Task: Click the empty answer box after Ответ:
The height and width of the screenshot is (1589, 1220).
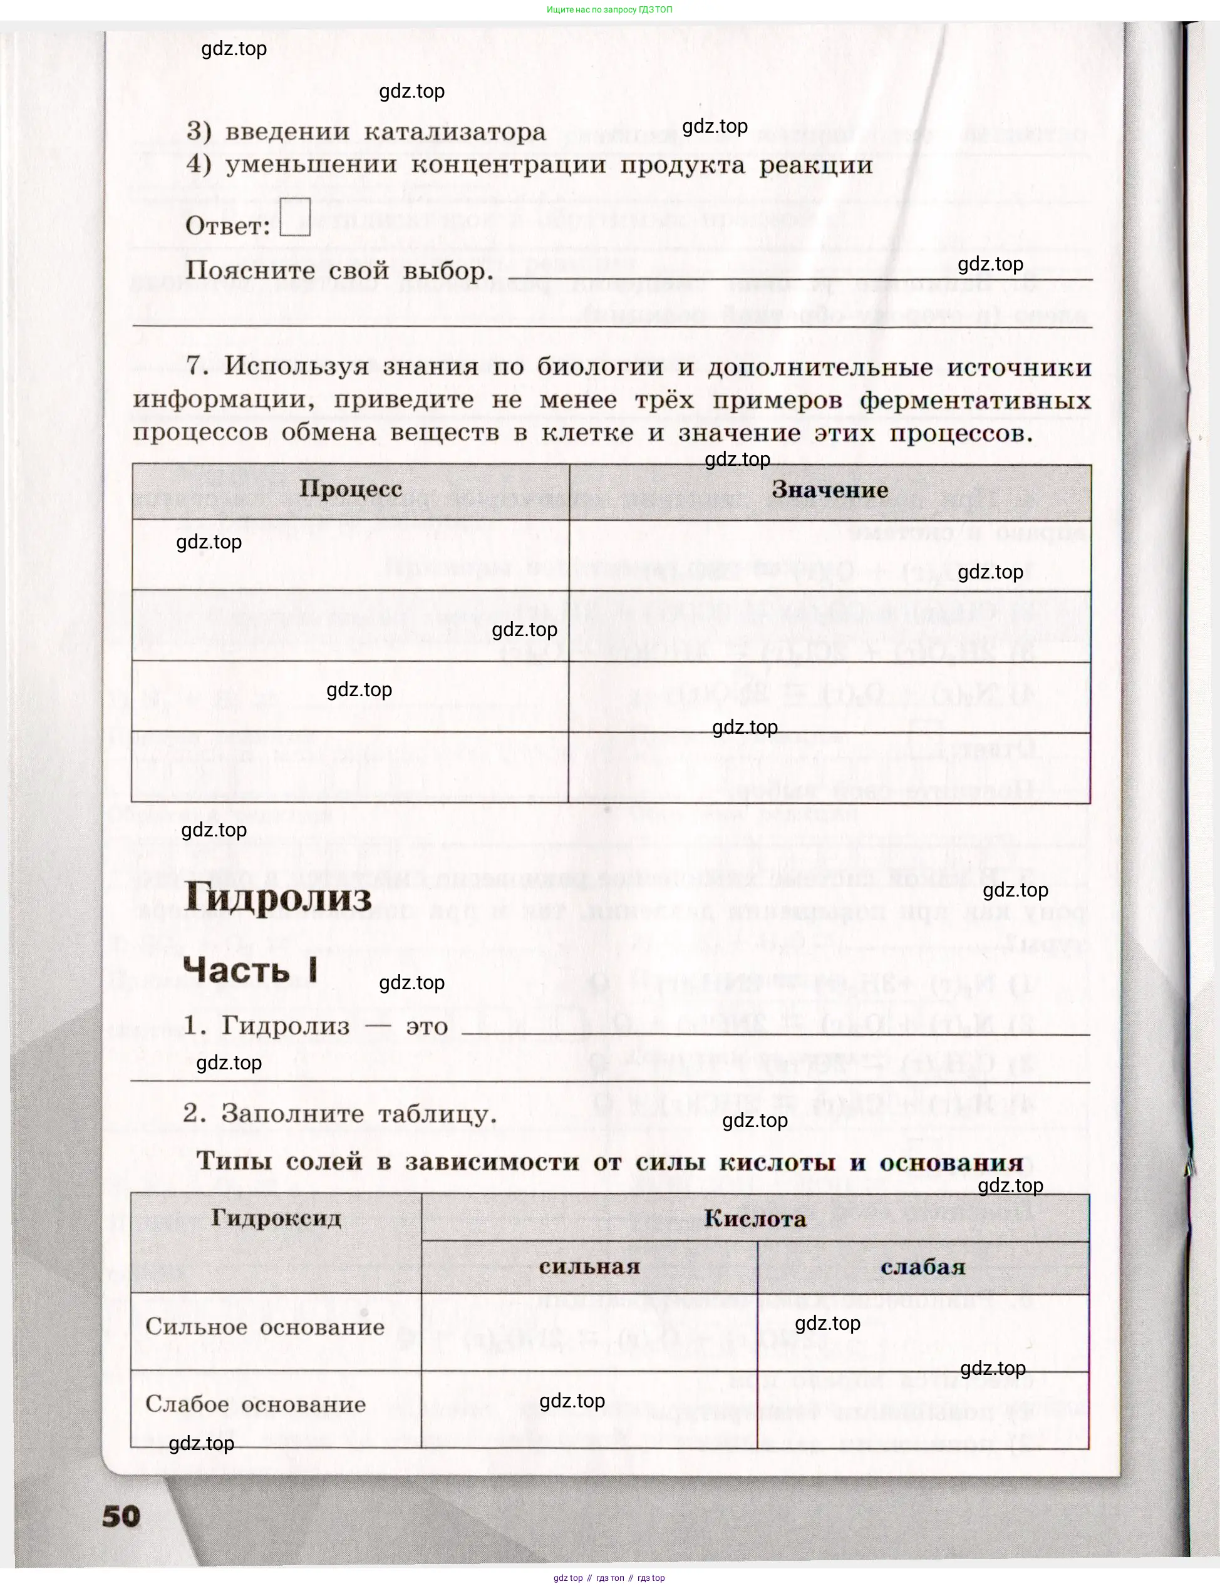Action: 295,217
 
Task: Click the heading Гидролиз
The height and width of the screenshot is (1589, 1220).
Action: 277,897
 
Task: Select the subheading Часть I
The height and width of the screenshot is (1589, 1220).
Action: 250,969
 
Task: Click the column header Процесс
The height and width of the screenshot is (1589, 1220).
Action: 351,488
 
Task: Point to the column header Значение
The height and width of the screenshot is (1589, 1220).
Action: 829,489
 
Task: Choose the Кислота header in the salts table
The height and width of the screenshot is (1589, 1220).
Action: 755,1219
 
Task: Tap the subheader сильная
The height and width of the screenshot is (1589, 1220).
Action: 589,1267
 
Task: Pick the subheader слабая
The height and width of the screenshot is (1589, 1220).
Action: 923,1267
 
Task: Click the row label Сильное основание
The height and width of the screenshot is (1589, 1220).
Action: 265,1327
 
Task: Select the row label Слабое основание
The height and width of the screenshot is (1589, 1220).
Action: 256,1404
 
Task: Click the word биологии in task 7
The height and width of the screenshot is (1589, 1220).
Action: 600,367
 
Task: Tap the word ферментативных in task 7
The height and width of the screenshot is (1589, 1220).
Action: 974,400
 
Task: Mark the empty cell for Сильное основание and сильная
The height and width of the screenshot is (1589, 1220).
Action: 589,1332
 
